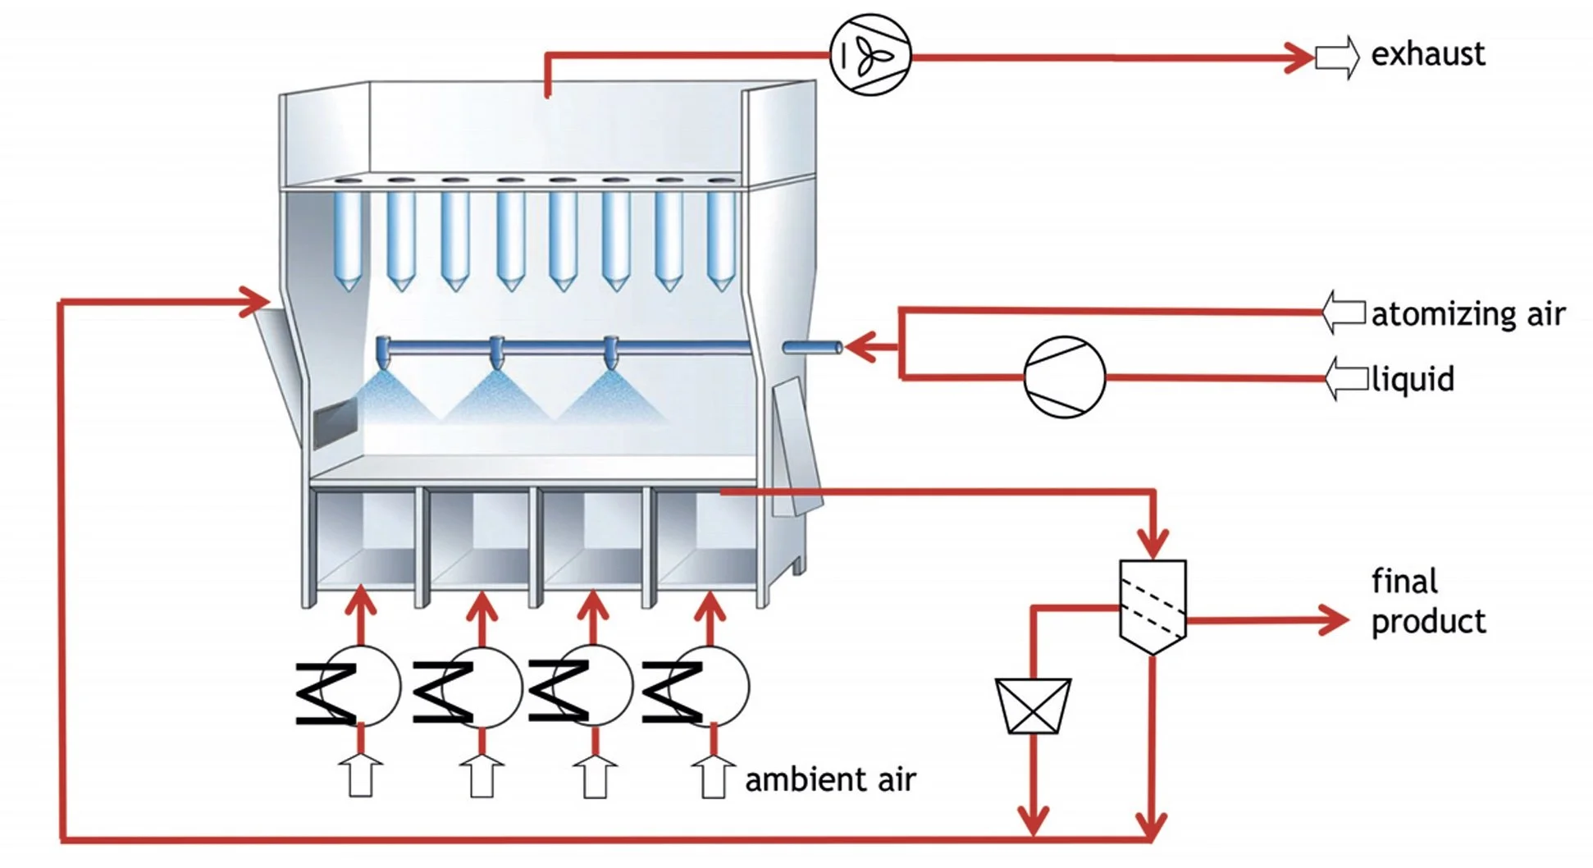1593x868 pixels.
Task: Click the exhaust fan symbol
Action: [870, 55]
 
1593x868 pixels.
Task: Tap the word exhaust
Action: [1427, 54]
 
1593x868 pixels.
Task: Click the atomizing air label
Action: [1467, 314]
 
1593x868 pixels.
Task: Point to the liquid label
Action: [1413, 379]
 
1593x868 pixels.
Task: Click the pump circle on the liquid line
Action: [1064, 377]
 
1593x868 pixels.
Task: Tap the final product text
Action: [1427, 601]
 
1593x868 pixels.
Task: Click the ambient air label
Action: [830, 779]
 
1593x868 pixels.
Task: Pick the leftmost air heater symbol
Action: [349, 688]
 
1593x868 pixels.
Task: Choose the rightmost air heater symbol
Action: [697, 688]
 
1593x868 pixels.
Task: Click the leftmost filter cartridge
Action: [348, 238]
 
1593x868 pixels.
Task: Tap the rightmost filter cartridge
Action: [720, 238]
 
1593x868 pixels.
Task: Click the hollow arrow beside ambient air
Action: [712, 776]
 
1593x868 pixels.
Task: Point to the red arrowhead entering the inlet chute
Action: [254, 301]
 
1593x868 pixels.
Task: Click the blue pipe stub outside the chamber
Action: [812, 348]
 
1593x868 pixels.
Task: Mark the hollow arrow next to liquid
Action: [1346, 379]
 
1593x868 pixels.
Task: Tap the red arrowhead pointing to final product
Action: [1333, 620]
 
